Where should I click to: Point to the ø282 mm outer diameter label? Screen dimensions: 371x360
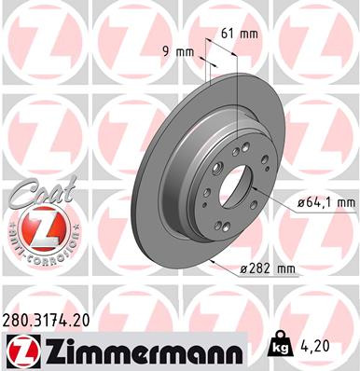coord(269,269)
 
